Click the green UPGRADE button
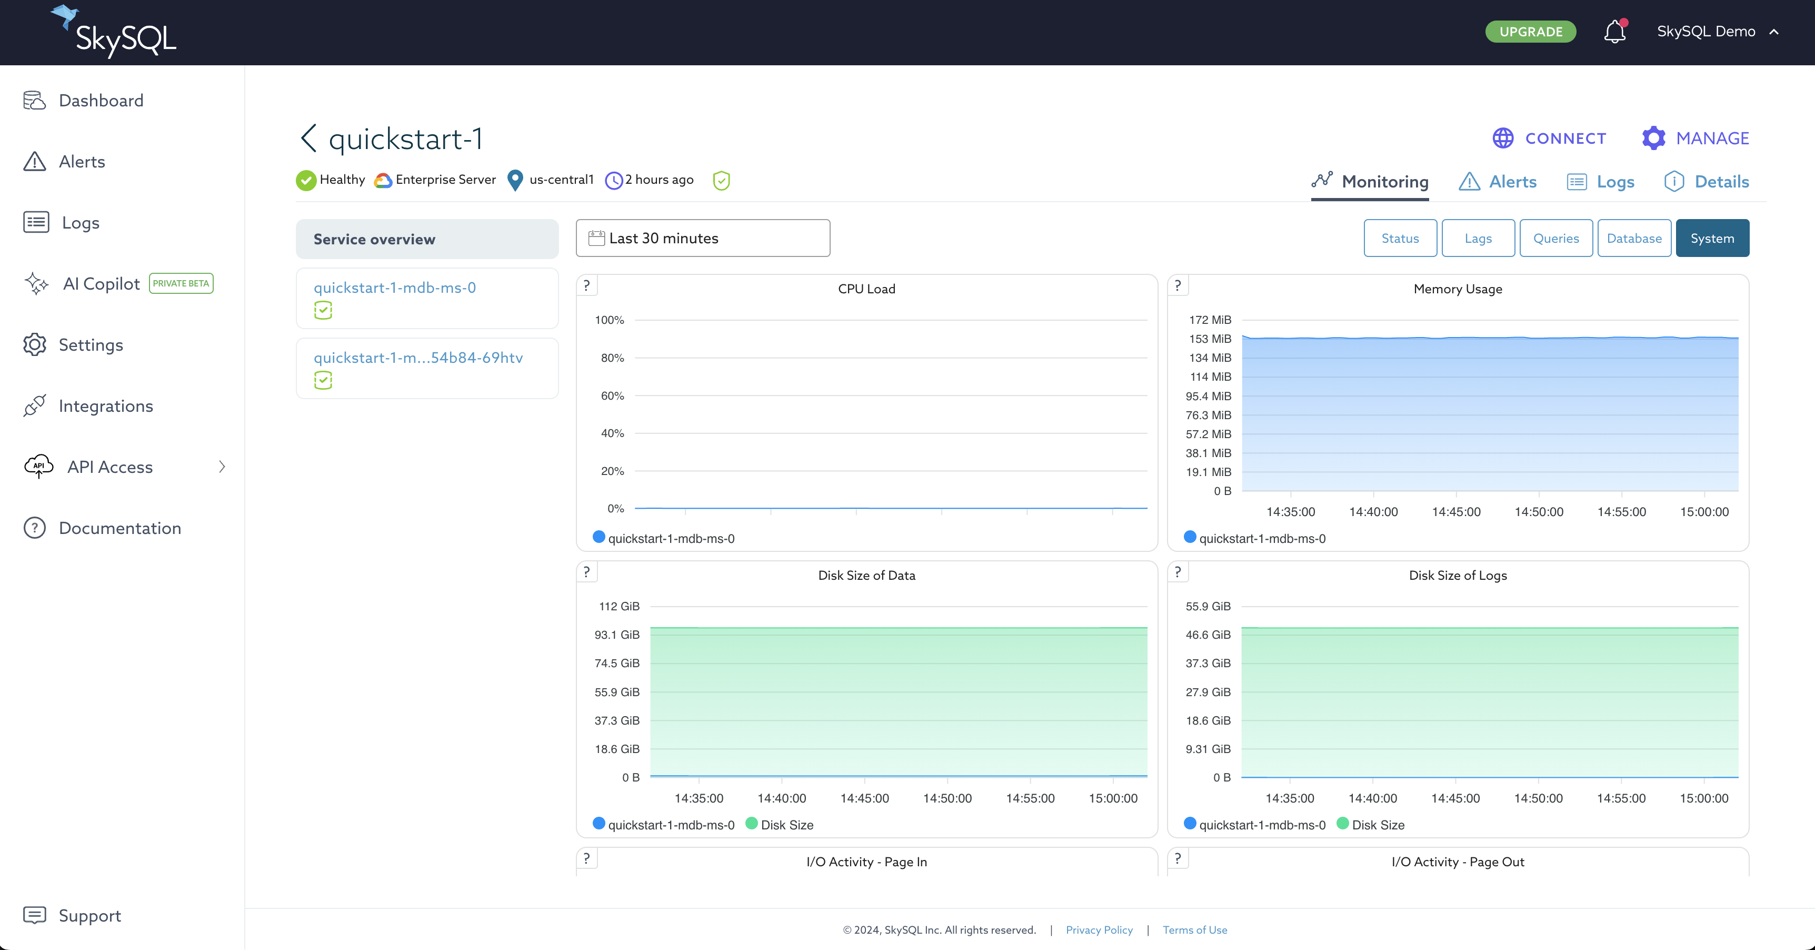[x=1530, y=32]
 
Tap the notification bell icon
[x=1614, y=32]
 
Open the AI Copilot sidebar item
[x=102, y=284]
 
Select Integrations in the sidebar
[x=106, y=406]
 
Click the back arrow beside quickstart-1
[x=308, y=138]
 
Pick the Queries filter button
[x=1555, y=238]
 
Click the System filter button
[x=1712, y=238]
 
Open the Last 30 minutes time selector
[x=702, y=238]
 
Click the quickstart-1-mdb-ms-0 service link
[x=395, y=288]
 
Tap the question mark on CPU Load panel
[x=586, y=285]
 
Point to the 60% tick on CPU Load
[x=612, y=396]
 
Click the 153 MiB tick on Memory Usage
[x=1210, y=339]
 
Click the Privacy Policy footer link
[x=1099, y=931]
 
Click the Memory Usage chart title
[x=1458, y=289]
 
